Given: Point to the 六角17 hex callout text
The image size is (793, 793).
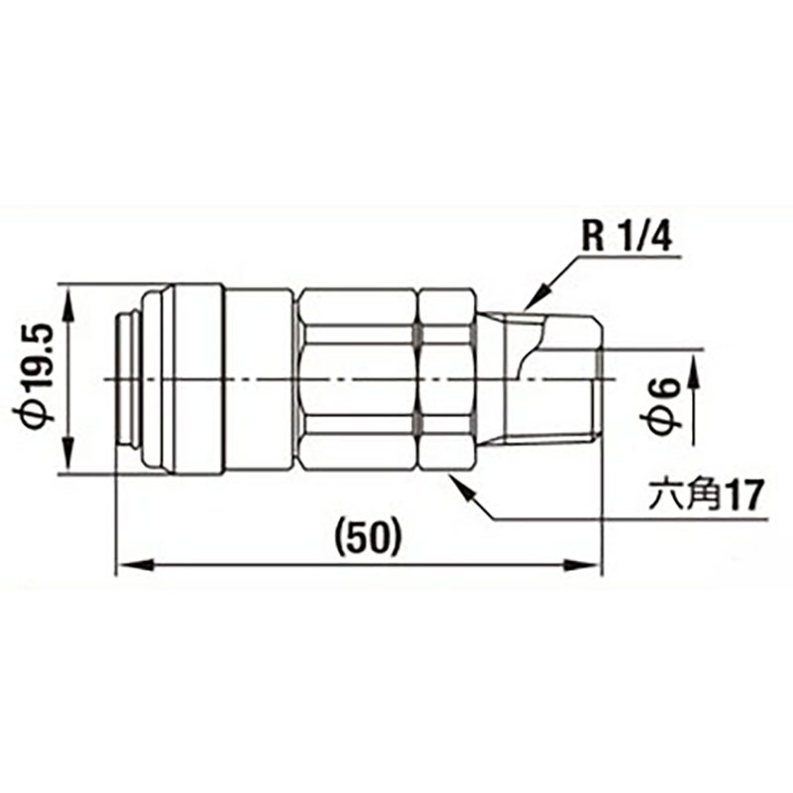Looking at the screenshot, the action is pos(706,496).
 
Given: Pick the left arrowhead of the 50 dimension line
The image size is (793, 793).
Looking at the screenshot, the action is pos(135,564).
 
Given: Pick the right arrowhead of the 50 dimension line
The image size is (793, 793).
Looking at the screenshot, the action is pos(583,564).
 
